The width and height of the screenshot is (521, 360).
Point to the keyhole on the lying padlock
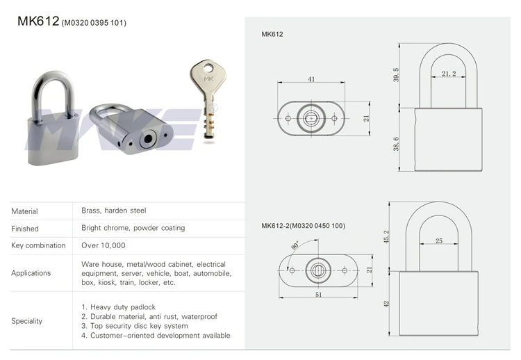146,139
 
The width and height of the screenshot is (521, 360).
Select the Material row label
25,211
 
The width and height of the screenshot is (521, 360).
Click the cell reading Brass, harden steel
114,211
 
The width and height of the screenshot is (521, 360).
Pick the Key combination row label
38,245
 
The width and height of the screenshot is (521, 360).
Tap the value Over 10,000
103,245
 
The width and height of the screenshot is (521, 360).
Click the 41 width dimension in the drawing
311,79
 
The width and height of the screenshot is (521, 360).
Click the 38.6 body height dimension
397,144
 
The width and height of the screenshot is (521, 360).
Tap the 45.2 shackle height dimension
387,237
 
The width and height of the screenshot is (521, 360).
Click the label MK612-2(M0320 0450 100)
303,225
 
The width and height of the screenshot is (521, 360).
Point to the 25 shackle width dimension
439,240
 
